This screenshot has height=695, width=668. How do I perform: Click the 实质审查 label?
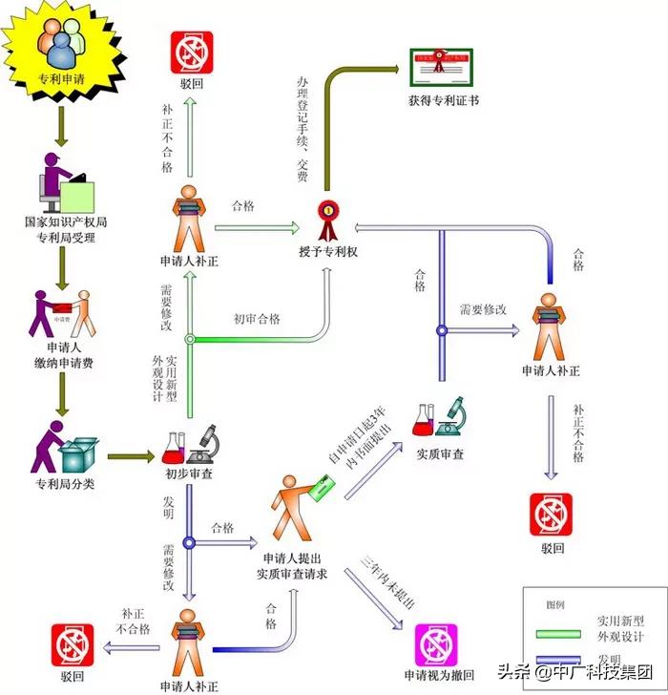point(440,454)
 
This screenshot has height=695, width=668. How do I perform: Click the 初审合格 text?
point(257,319)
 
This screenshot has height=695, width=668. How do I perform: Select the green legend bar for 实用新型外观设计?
point(564,632)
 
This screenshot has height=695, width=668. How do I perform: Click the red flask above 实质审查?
point(425,419)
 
